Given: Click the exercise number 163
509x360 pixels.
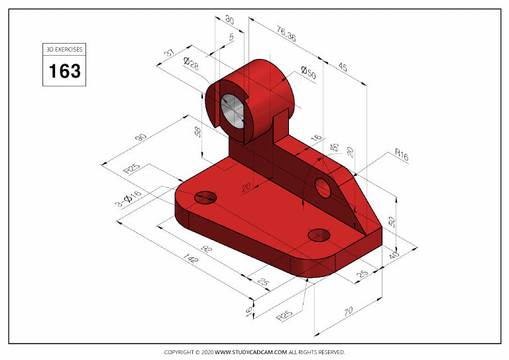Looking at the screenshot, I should pos(64,70).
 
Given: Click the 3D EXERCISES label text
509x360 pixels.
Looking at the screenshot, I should pos(64,49).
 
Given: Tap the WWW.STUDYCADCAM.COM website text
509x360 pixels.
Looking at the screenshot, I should pos(251,352).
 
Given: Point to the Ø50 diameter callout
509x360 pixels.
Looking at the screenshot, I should pos(308,72).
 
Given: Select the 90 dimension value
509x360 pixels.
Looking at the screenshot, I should pos(141,137).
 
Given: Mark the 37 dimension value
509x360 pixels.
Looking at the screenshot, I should pos(169,53).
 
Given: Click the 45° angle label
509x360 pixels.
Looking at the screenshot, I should pos(334,147).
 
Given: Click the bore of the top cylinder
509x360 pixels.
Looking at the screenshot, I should pos(231,109).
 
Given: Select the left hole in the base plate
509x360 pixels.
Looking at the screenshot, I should pos(206,197).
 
